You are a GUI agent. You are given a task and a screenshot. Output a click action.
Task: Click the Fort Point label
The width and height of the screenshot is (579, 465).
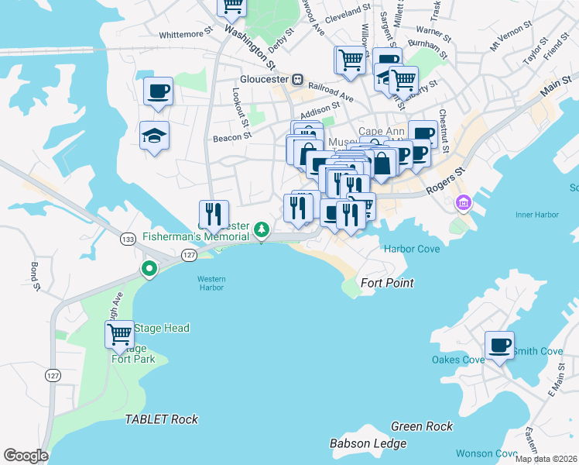387,283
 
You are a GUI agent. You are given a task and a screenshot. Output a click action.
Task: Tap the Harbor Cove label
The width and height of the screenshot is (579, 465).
412,249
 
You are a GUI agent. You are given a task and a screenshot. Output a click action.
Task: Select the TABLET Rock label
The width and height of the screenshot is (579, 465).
162,419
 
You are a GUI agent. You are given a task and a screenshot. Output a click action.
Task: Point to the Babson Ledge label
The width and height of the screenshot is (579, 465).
368,443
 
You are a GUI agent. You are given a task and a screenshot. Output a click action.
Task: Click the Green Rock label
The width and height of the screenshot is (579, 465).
421,426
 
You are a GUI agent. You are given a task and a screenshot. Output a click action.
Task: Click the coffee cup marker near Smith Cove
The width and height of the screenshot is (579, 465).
499,345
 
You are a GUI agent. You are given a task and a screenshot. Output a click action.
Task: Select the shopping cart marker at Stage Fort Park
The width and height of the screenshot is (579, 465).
119,335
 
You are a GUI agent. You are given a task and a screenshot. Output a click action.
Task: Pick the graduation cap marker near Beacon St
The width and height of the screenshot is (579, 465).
155,136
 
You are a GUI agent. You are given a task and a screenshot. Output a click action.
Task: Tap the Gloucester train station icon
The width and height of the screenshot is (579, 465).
296,79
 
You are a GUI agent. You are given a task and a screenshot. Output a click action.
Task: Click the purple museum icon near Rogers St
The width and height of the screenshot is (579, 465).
464,203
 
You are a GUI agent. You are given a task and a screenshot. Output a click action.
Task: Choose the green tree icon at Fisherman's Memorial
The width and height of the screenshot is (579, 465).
262,229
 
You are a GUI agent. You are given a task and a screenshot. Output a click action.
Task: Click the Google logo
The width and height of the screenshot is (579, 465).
26,456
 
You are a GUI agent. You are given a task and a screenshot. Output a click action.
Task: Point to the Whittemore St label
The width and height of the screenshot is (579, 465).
185,34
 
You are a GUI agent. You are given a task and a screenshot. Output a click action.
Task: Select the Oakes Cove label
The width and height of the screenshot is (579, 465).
458,359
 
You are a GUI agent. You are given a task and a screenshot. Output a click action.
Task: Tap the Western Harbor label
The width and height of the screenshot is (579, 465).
210,283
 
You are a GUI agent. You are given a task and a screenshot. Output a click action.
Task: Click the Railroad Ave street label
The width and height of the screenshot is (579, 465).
331,92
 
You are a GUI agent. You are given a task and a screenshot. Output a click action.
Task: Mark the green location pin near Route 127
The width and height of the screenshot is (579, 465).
149,268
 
